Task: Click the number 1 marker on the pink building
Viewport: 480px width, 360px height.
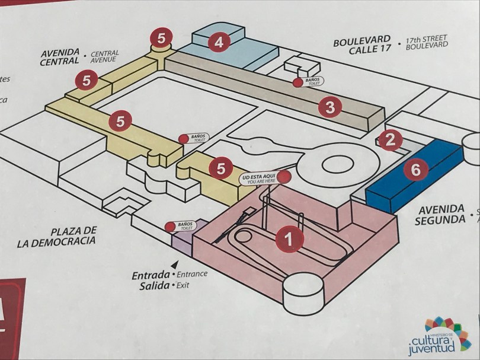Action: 289,240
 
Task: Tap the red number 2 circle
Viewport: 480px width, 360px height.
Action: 389,140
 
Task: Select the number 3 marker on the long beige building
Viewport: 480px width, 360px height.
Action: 330,107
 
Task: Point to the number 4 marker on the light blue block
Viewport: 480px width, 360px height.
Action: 219,42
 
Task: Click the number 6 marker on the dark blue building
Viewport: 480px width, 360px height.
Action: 416,170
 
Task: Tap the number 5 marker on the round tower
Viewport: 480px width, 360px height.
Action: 161,37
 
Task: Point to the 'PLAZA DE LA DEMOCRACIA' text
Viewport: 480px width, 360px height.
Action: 57,236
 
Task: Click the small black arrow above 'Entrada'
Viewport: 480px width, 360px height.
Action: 174,263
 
